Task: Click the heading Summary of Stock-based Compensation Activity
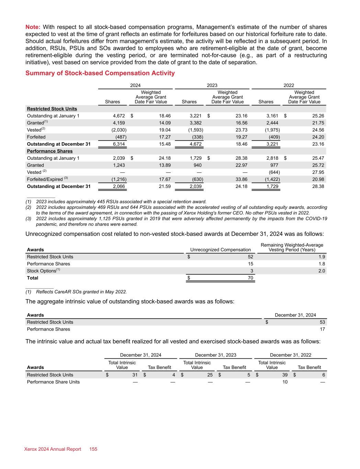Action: (x=100, y=73)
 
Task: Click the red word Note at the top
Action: (x=33, y=27)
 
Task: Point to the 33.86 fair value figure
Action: (x=240, y=179)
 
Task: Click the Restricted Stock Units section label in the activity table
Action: (x=52, y=109)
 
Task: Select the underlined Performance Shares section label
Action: (x=50, y=151)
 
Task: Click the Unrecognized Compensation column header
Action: (x=220, y=250)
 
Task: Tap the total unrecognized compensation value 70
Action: (x=250, y=278)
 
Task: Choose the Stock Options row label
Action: (x=42, y=271)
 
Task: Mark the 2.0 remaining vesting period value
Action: (x=322, y=271)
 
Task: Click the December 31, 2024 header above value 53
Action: (x=295, y=315)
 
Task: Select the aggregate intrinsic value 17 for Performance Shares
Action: (x=322, y=329)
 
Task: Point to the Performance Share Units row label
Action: (x=53, y=382)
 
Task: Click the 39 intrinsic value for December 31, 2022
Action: (x=285, y=375)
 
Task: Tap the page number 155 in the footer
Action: (x=93, y=449)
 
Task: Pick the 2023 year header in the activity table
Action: (x=212, y=86)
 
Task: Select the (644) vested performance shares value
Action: (x=274, y=172)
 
